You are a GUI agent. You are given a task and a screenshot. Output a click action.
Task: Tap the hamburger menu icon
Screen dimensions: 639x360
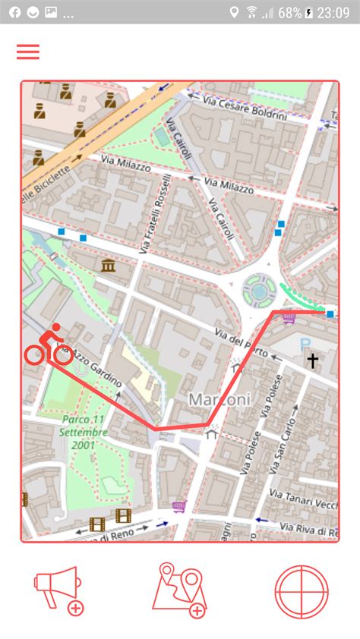28,52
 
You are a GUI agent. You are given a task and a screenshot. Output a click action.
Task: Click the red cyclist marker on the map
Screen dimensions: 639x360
49,345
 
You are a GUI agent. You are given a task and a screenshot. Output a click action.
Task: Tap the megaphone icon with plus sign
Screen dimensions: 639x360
58,590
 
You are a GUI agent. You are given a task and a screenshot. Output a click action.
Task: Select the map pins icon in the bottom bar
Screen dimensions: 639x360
179,590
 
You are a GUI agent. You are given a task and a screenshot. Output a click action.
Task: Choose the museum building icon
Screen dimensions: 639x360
107,265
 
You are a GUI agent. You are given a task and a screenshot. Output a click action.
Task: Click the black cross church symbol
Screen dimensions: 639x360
311,360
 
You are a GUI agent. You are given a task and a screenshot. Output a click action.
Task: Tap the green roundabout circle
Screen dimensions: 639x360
259,288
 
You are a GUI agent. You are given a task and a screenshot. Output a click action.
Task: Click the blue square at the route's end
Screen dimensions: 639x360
330,313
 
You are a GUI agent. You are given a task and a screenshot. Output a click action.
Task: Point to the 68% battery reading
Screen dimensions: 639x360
290,13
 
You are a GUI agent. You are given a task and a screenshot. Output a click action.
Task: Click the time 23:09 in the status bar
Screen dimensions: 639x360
333,13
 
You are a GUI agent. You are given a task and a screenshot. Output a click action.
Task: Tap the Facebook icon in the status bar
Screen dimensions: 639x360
14,13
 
